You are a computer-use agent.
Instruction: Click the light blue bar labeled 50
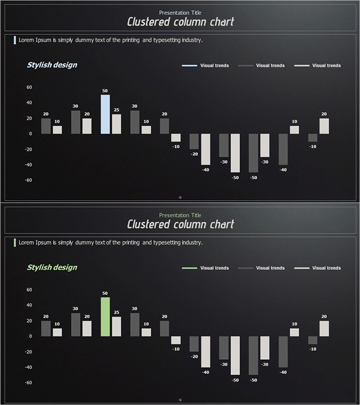click(x=105, y=114)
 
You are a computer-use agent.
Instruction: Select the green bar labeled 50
click(x=105, y=317)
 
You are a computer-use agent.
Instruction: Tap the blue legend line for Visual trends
click(x=189, y=66)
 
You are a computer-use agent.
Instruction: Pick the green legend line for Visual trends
click(x=189, y=268)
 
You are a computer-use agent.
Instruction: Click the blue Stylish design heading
click(x=52, y=65)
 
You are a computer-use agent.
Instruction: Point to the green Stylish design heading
click(x=52, y=267)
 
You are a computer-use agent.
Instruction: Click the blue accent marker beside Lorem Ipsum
click(x=15, y=40)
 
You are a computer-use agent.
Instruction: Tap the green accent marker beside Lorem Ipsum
click(x=15, y=243)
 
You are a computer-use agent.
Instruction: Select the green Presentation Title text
click(x=180, y=215)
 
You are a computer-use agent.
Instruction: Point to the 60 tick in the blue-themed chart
click(x=29, y=87)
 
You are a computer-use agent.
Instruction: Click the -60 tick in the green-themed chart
click(x=28, y=382)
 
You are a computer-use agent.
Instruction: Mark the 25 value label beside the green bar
click(x=117, y=312)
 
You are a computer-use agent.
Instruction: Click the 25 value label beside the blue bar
click(x=117, y=110)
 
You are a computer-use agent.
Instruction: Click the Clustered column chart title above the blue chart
click(x=180, y=22)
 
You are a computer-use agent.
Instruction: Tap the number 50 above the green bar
click(x=105, y=293)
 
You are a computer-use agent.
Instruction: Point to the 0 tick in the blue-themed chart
click(x=31, y=134)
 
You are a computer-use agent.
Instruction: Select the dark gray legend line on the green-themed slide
click(x=246, y=268)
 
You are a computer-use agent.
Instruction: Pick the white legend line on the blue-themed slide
click(x=302, y=66)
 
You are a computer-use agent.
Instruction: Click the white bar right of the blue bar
click(x=117, y=124)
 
